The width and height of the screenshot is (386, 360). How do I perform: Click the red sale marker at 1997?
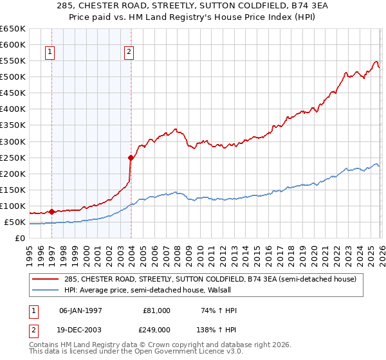coord(51,212)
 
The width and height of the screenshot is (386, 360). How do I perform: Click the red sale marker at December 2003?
coord(131,157)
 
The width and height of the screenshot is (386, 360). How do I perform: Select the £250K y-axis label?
coord(13,157)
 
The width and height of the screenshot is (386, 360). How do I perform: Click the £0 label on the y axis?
coord(19,239)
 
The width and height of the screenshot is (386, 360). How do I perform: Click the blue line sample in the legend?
coord(46,290)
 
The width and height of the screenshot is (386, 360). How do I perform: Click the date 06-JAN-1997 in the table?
coord(80,310)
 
